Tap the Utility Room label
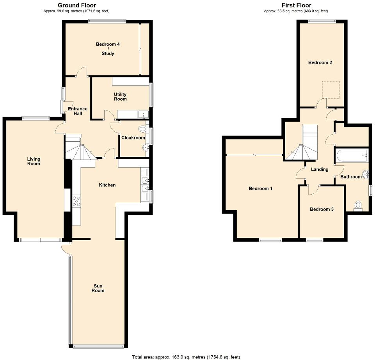click(120, 97)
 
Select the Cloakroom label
click(133, 138)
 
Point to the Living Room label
click(34, 161)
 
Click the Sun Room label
click(98, 288)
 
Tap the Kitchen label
click(107, 185)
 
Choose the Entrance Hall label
click(77, 111)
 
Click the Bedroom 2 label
click(320, 62)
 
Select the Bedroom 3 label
click(322, 209)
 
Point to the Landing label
click(319, 169)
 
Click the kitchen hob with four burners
click(76, 200)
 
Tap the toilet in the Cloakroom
click(142, 128)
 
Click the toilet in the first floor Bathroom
click(357, 206)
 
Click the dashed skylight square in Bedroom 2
click(330, 90)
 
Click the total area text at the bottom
click(186, 357)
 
